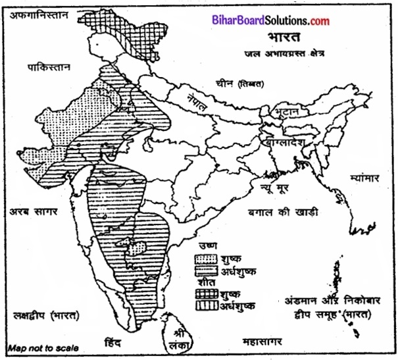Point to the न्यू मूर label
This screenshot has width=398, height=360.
coord(288,189)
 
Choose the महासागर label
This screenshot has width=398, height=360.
coord(263,343)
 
